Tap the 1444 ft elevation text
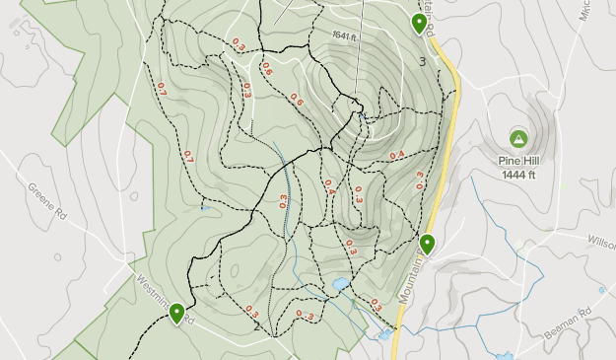coord(518,176)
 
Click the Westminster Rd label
coord(164,300)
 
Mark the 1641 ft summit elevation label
coord(342,36)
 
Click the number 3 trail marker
coord(423,62)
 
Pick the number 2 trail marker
coord(256,326)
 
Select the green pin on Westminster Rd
coord(177,314)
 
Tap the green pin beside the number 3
coord(420,23)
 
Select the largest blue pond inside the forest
coord(340,285)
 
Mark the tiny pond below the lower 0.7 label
coord(204,207)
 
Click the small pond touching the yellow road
coord(383,335)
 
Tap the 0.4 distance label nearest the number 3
coord(397,155)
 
